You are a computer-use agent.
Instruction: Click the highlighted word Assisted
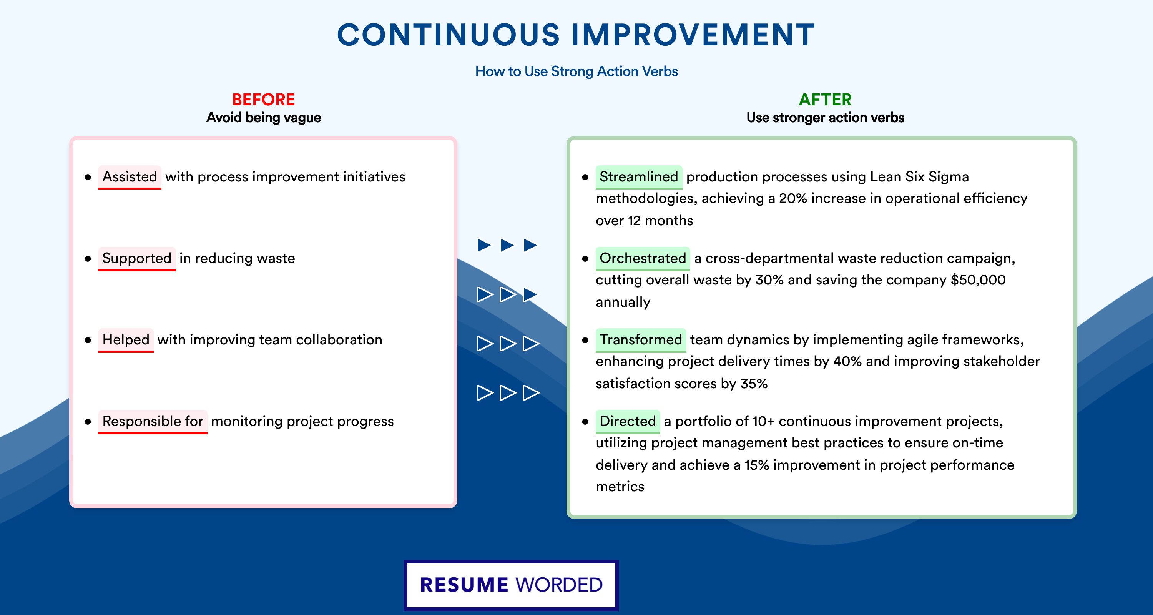(130, 177)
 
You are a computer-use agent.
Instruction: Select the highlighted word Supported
(137, 258)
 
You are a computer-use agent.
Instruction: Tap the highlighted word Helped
(126, 340)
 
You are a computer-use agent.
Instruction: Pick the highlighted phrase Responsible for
(153, 421)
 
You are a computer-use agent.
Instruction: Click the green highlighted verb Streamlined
(639, 177)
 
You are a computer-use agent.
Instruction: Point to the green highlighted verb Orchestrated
(643, 258)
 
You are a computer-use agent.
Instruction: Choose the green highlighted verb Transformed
(641, 340)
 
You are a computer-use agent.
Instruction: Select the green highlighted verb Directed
(628, 421)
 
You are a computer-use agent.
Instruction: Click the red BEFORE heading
(263, 100)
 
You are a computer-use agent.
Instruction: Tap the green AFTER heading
(826, 100)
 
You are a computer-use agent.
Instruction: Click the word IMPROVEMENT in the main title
(693, 35)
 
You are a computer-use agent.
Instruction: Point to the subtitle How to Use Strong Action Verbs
(576, 71)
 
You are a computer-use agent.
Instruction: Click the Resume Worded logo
(511, 585)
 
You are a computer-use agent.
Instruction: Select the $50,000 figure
(978, 280)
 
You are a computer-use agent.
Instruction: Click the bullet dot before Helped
(88, 340)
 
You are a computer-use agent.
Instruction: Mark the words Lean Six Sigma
(919, 177)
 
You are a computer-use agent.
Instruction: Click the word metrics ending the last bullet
(620, 487)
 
